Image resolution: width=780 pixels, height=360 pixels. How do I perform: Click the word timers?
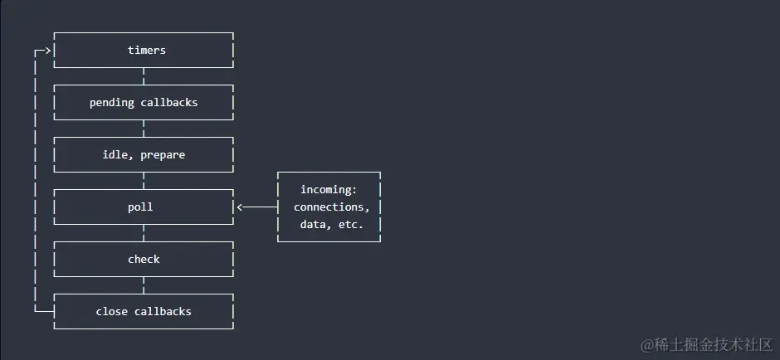(x=147, y=51)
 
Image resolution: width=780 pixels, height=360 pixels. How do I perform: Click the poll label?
(x=140, y=207)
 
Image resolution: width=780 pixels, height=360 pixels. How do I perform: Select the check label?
(x=144, y=260)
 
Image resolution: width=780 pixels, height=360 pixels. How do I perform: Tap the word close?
(x=112, y=312)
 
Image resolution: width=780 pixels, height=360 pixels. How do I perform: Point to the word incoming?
(x=329, y=190)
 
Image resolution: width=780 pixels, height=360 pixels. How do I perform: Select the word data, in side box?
(x=315, y=225)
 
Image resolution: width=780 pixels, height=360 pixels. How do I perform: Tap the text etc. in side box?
(x=351, y=225)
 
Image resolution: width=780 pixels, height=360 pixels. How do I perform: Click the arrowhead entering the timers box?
(x=47, y=51)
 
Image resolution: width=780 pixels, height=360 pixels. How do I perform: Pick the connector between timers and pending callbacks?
(x=144, y=77)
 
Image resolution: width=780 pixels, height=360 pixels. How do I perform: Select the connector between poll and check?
(x=144, y=234)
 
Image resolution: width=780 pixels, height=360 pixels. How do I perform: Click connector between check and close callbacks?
(x=144, y=286)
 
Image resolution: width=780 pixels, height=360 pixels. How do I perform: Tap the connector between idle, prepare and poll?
(x=144, y=182)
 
